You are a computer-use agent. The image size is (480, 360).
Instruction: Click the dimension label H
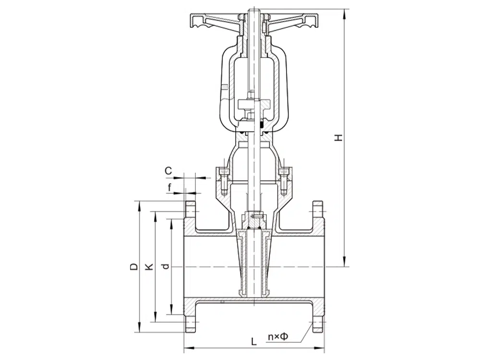click(x=338, y=137)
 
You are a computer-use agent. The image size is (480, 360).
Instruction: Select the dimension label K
click(x=149, y=266)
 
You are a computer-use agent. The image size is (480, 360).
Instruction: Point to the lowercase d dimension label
click(x=166, y=266)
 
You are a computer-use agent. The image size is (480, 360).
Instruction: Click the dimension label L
click(x=254, y=341)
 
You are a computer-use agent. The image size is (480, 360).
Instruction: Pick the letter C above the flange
click(x=168, y=171)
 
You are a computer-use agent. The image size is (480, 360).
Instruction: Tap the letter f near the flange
click(x=170, y=187)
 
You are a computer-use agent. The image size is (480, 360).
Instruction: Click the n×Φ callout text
click(x=278, y=337)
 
